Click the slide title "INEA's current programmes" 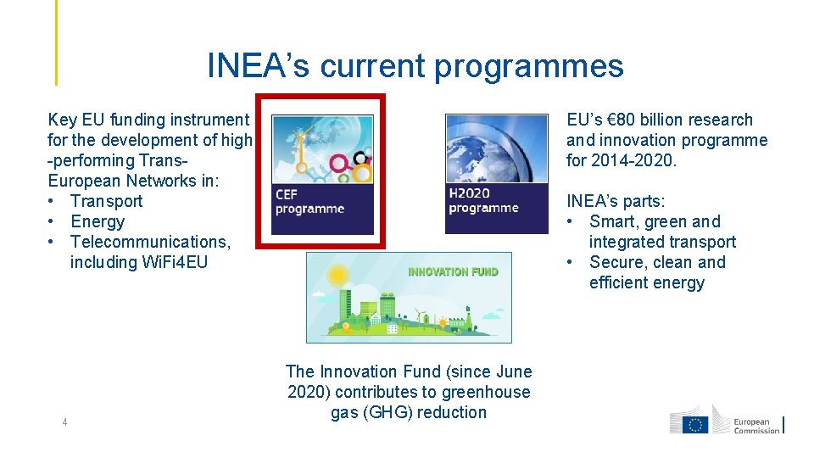tap(415, 66)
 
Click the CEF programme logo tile tap(322, 174)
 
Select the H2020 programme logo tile tap(496, 174)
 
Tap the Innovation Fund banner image tap(409, 298)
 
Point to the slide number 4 tap(64, 422)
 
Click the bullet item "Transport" tap(106, 201)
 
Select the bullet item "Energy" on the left tap(97, 221)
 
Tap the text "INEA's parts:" tap(616, 201)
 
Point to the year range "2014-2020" tap(633, 160)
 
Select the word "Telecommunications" tap(150, 242)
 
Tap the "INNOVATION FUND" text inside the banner tap(453, 271)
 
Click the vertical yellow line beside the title tap(57, 42)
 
